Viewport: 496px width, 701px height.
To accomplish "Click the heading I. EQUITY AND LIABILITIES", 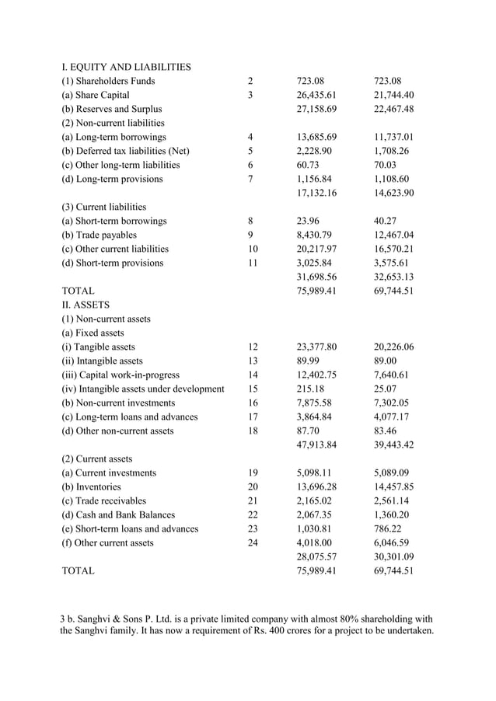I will tap(126, 67).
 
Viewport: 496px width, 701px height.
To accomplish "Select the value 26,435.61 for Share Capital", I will tap(316, 95).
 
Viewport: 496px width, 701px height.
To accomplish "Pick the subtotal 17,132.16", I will tap(316, 193).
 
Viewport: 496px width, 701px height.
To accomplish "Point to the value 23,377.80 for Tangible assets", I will tap(316, 347).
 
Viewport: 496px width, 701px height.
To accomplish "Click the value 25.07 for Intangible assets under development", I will tap(387, 389).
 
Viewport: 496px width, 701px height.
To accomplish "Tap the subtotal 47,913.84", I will tap(316, 445).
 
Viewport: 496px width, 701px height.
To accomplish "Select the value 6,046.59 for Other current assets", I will tap(391, 542).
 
